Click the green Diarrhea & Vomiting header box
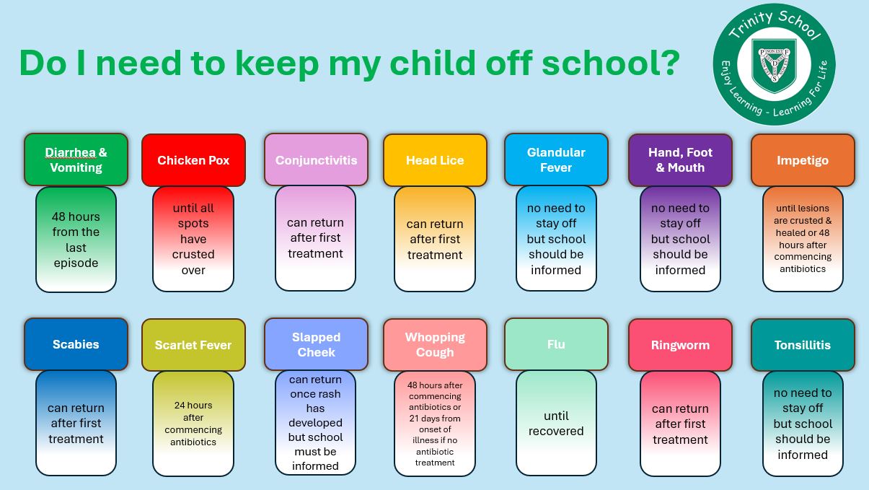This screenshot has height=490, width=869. (x=76, y=159)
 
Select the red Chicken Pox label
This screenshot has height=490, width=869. (x=193, y=160)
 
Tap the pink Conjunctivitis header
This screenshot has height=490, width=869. (x=316, y=159)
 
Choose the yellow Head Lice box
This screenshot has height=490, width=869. (x=435, y=160)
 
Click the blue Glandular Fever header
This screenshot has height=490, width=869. (x=556, y=159)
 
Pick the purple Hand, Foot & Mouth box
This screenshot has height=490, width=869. (x=680, y=160)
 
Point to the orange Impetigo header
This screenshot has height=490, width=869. (x=803, y=160)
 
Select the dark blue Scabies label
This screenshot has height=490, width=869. (x=76, y=344)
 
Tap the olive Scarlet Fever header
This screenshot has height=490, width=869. (x=193, y=345)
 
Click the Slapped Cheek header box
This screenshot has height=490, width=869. (x=316, y=344)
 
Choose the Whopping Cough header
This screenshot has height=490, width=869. (x=435, y=345)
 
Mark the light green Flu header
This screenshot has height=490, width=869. (x=556, y=344)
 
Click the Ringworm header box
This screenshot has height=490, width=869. (x=680, y=345)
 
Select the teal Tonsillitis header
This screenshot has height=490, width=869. (x=803, y=345)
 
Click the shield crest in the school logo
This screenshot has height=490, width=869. (x=775, y=65)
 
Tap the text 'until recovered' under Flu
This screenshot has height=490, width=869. (x=556, y=423)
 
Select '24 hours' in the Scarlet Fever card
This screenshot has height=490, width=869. (x=193, y=405)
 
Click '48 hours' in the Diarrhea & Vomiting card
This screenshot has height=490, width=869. (x=76, y=216)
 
